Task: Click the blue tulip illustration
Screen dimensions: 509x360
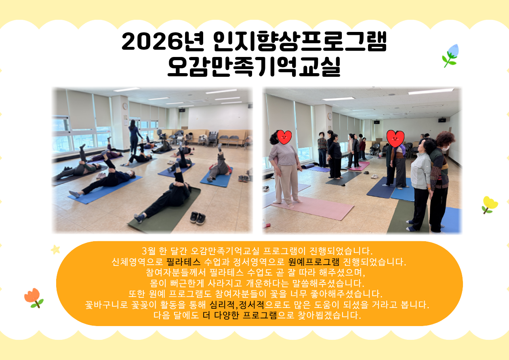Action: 450,55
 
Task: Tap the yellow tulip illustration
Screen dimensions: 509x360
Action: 490,205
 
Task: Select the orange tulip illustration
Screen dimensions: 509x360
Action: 34,297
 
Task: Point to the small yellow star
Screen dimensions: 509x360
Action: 55,250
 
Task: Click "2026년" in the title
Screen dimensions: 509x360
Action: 163,41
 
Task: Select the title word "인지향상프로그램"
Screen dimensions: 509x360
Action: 300,41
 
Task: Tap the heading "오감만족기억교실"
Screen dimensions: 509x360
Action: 254,67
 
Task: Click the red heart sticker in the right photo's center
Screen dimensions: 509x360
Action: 395,139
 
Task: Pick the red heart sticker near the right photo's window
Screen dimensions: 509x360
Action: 284,137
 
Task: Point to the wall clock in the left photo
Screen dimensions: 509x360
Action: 125,106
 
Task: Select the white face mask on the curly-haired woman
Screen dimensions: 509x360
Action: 445,149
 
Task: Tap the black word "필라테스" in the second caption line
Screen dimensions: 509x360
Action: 183,262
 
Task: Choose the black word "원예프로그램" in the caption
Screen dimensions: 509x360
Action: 314,262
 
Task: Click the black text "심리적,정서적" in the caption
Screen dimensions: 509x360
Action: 237,305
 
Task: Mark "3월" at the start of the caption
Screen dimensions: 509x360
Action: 149,251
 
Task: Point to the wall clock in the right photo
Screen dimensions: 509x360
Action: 330,116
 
